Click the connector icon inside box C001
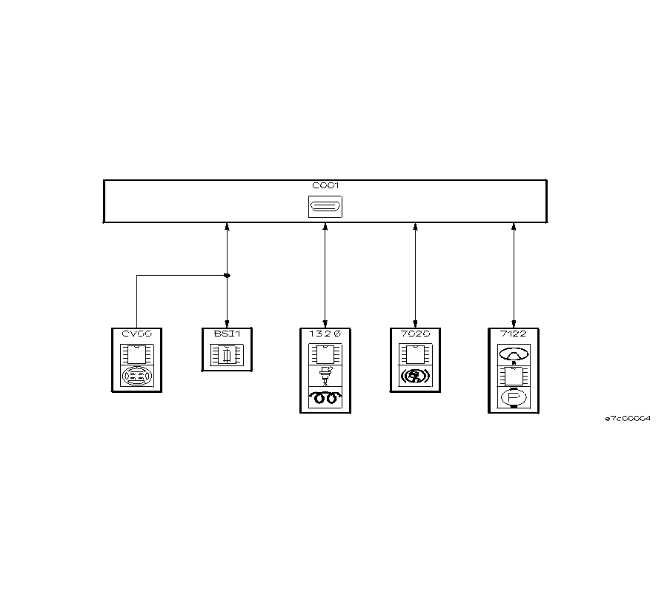(325, 207)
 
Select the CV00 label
(136, 334)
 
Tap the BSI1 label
(227, 334)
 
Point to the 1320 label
(325, 334)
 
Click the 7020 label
(415, 334)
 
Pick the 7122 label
(513, 334)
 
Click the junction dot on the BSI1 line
(227, 276)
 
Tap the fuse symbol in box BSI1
(227, 357)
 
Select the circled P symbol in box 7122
(513, 398)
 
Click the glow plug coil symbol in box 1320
(325, 398)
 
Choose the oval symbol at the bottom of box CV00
(136, 377)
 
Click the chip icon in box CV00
(136, 353)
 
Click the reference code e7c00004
(627, 419)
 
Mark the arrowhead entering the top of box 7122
(513, 322)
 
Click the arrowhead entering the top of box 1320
(325, 322)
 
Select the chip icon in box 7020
(415, 354)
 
